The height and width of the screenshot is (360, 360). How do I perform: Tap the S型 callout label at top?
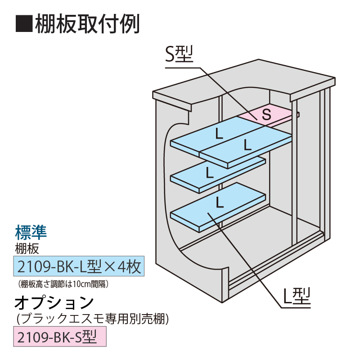click(179, 55)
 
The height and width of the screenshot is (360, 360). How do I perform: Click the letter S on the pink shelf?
click(266, 115)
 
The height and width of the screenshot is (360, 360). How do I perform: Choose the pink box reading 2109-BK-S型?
click(60, 337)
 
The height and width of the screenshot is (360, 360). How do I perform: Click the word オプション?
click(54, 302)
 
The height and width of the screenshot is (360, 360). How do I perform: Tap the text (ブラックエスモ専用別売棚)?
click(92, 319)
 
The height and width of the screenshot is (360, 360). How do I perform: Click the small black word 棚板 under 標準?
click(27, 247)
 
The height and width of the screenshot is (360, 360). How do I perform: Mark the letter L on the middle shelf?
click(209, 172)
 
